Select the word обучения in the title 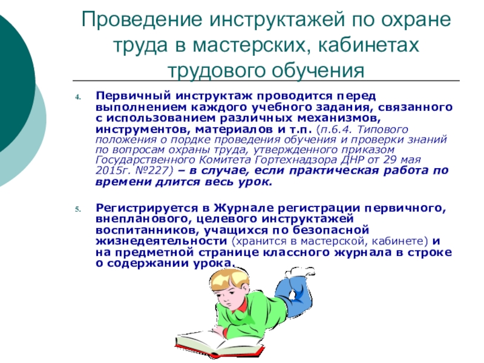click(318, 71)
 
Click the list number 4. click(78, 97)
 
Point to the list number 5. click(78, 209)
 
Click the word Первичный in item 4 click(133, 96)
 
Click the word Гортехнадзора click(296, 160)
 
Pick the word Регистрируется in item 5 click(147, 208)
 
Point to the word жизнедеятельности click(162, 241)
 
